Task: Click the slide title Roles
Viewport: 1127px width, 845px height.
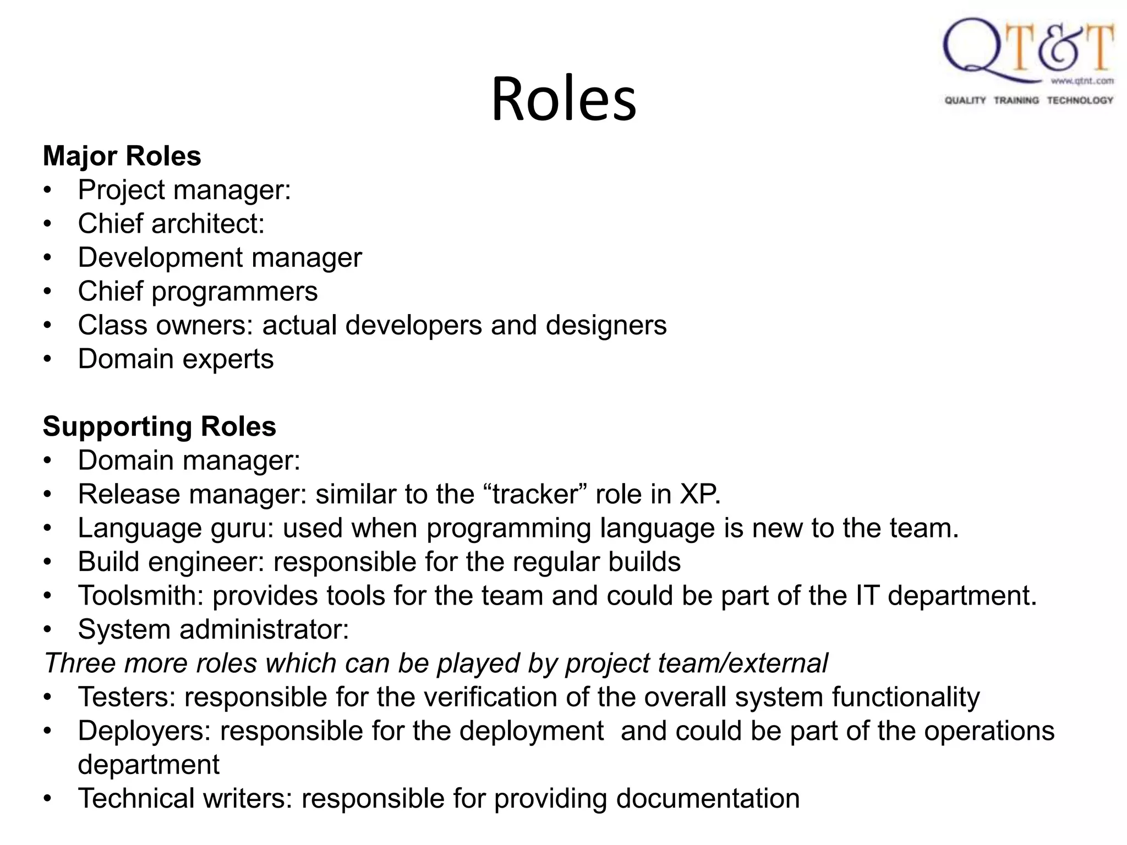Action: (x=563, y=99)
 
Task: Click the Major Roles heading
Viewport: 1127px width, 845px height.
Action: (x=122, y=156)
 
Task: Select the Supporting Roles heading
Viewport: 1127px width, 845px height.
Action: (x=160, y=427)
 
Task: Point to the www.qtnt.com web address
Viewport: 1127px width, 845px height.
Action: (x=1082, y=81)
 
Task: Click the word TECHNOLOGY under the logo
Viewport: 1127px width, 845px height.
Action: (x=1080, y=100)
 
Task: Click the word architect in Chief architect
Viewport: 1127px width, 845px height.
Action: (x=208, y=224)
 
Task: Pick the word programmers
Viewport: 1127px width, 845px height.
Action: (x=234, y=292)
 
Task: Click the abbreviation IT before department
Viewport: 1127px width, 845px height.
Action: (x=867, y=596)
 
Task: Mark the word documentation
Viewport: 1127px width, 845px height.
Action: (x=708, y=799)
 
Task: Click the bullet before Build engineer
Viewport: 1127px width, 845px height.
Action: (x=48, y=562)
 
